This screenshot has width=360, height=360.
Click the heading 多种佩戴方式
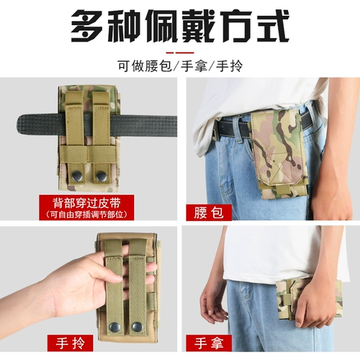coord(180,26)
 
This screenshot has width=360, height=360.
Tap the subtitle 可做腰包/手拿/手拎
coord(180,66)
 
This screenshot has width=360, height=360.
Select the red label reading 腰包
coord(209,212)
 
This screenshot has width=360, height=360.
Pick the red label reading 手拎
coord(71,343)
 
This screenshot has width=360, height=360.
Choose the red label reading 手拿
coord(209,343)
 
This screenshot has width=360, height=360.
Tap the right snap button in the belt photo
coord(100,176)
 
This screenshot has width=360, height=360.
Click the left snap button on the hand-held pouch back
coord(114,327)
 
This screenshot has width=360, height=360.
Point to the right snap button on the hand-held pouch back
coord(137,327)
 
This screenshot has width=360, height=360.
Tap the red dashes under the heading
coord(180,53)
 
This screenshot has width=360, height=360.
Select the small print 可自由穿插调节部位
coord(86,214)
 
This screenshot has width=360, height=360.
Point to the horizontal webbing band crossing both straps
coord(88,153)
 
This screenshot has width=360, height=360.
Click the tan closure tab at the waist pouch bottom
coord(280,190)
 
